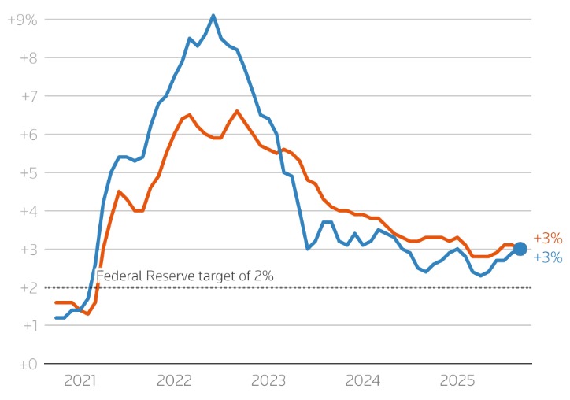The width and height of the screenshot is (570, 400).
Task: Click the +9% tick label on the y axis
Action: tap(22, 20)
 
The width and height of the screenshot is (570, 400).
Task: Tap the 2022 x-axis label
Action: tap(174, 382)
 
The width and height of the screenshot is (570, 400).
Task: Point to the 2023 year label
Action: tap(268, 382)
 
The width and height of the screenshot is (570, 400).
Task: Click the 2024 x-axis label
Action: tap(363, 382)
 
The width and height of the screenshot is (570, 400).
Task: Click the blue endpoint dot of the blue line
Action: tap(520, 250)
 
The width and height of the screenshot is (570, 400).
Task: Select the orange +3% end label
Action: tap(547, 238)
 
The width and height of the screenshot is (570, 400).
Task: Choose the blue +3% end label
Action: tap(547, 257)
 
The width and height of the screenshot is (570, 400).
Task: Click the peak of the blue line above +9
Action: tap(213, 15)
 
